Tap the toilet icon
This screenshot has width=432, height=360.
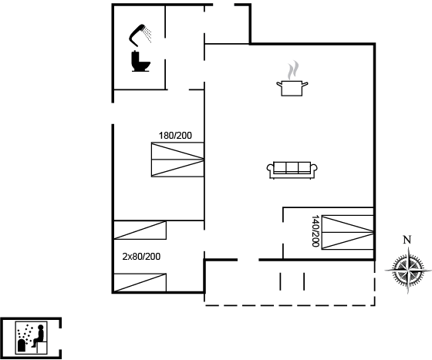pos(140,61)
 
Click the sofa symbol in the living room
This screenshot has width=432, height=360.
pos(292,170)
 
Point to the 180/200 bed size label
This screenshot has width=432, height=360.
pos(175,136)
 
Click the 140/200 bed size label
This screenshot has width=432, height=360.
pos(316,231)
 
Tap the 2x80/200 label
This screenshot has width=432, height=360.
pos(141,257)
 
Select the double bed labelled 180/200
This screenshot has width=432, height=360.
pos(177,160)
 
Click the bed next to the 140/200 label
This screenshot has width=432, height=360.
pos(347,233)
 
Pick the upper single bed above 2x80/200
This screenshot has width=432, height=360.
pos(140,230)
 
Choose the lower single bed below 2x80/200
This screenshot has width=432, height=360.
pos(140,283)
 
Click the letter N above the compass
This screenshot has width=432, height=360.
pos(407,240)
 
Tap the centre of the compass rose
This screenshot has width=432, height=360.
pos(408,271)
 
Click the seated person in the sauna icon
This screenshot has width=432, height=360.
pos(39,336)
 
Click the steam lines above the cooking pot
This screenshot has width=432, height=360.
pos(293,70)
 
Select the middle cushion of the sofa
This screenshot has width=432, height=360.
pos(292,167)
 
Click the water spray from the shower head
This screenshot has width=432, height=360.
pos(148,35)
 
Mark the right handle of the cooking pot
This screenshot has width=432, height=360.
pos(305,84)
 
